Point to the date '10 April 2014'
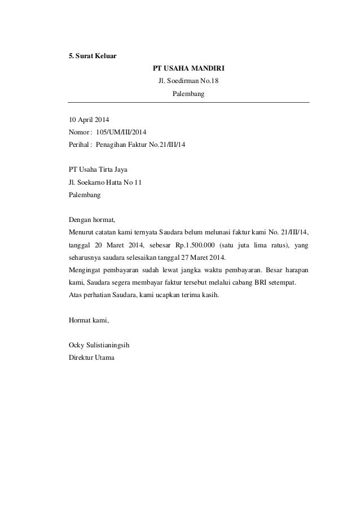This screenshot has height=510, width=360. coord(89,120)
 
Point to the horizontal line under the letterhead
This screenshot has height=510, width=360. coord(188,102)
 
